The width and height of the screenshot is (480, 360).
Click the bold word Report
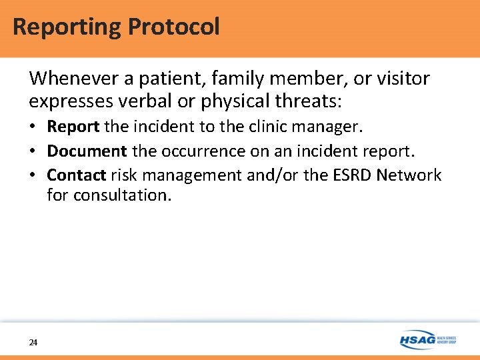coord(73,127)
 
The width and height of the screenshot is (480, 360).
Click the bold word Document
coord(87,151)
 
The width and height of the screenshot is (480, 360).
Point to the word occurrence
coord(201,151)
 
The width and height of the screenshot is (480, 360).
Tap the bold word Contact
coord(77,175)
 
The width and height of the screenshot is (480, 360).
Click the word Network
coord(409,175)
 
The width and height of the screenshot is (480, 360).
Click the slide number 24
coord(33,342)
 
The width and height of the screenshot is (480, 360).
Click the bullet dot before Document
coord(33,152)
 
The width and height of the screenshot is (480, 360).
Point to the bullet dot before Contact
coord(33,176)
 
